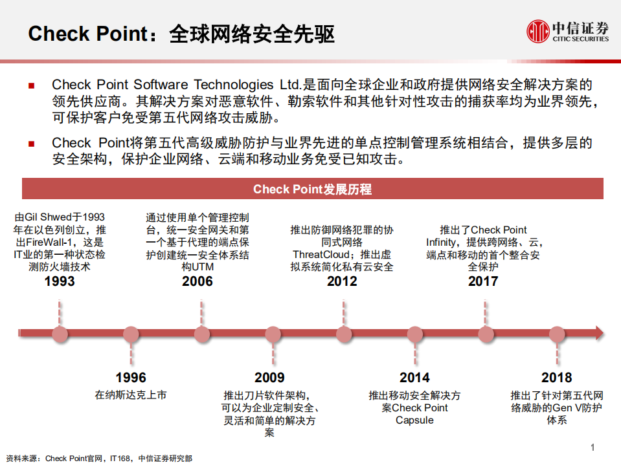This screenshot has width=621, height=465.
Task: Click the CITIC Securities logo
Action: (x=567, y=31)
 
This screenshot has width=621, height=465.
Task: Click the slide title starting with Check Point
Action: (x=181, y=34)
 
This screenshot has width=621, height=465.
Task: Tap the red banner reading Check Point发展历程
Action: (x=313, y=189)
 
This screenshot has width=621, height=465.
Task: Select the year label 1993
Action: (x=60, y=281)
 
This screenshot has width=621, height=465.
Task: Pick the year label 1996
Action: (x=131, y=378)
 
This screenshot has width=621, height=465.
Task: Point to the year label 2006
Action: (x=198, y=281)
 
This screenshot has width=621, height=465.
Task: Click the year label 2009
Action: (x=269, y=378)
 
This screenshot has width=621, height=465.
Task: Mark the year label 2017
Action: (x=483, y=281)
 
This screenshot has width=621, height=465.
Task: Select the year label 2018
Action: (x=557, y=378)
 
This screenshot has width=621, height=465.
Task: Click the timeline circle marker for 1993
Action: (x=60, y=334)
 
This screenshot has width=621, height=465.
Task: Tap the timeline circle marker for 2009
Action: (x=273, y=334)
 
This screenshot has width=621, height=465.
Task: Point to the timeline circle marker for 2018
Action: (x=557, y=334)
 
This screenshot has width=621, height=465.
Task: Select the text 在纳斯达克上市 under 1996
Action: (x=131, y=395)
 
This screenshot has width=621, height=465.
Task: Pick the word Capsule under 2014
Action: (x=414, y=420)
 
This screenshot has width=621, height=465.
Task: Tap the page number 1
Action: (x=593, y=448)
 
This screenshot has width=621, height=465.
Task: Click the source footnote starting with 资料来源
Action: (x=98, y=458)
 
